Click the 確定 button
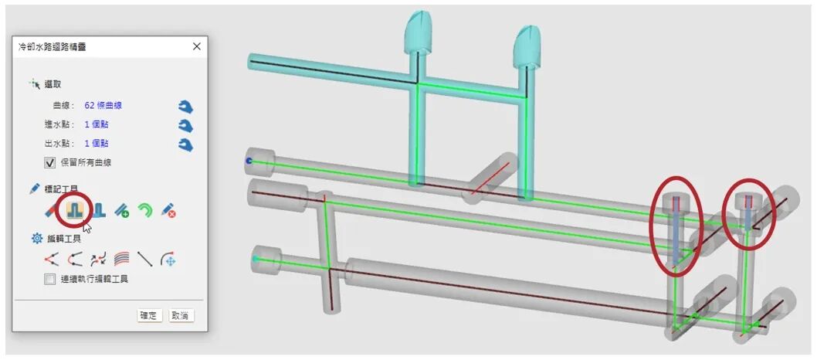coord(150,315)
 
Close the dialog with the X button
coord(196,46)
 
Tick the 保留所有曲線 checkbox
coord(50,162)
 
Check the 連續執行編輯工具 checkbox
coord(49,279)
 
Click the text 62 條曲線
coord(103,105)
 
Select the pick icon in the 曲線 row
coord(185,107)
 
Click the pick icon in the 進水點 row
coord(185,126)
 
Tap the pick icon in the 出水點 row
coord(185,144)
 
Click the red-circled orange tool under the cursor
coord(76,209)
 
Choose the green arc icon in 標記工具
coord(145,210)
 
